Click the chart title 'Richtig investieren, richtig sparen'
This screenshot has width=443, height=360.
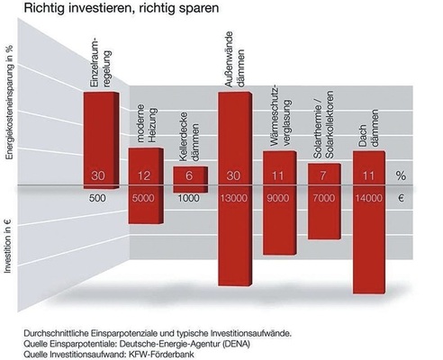tap(109, 10)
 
